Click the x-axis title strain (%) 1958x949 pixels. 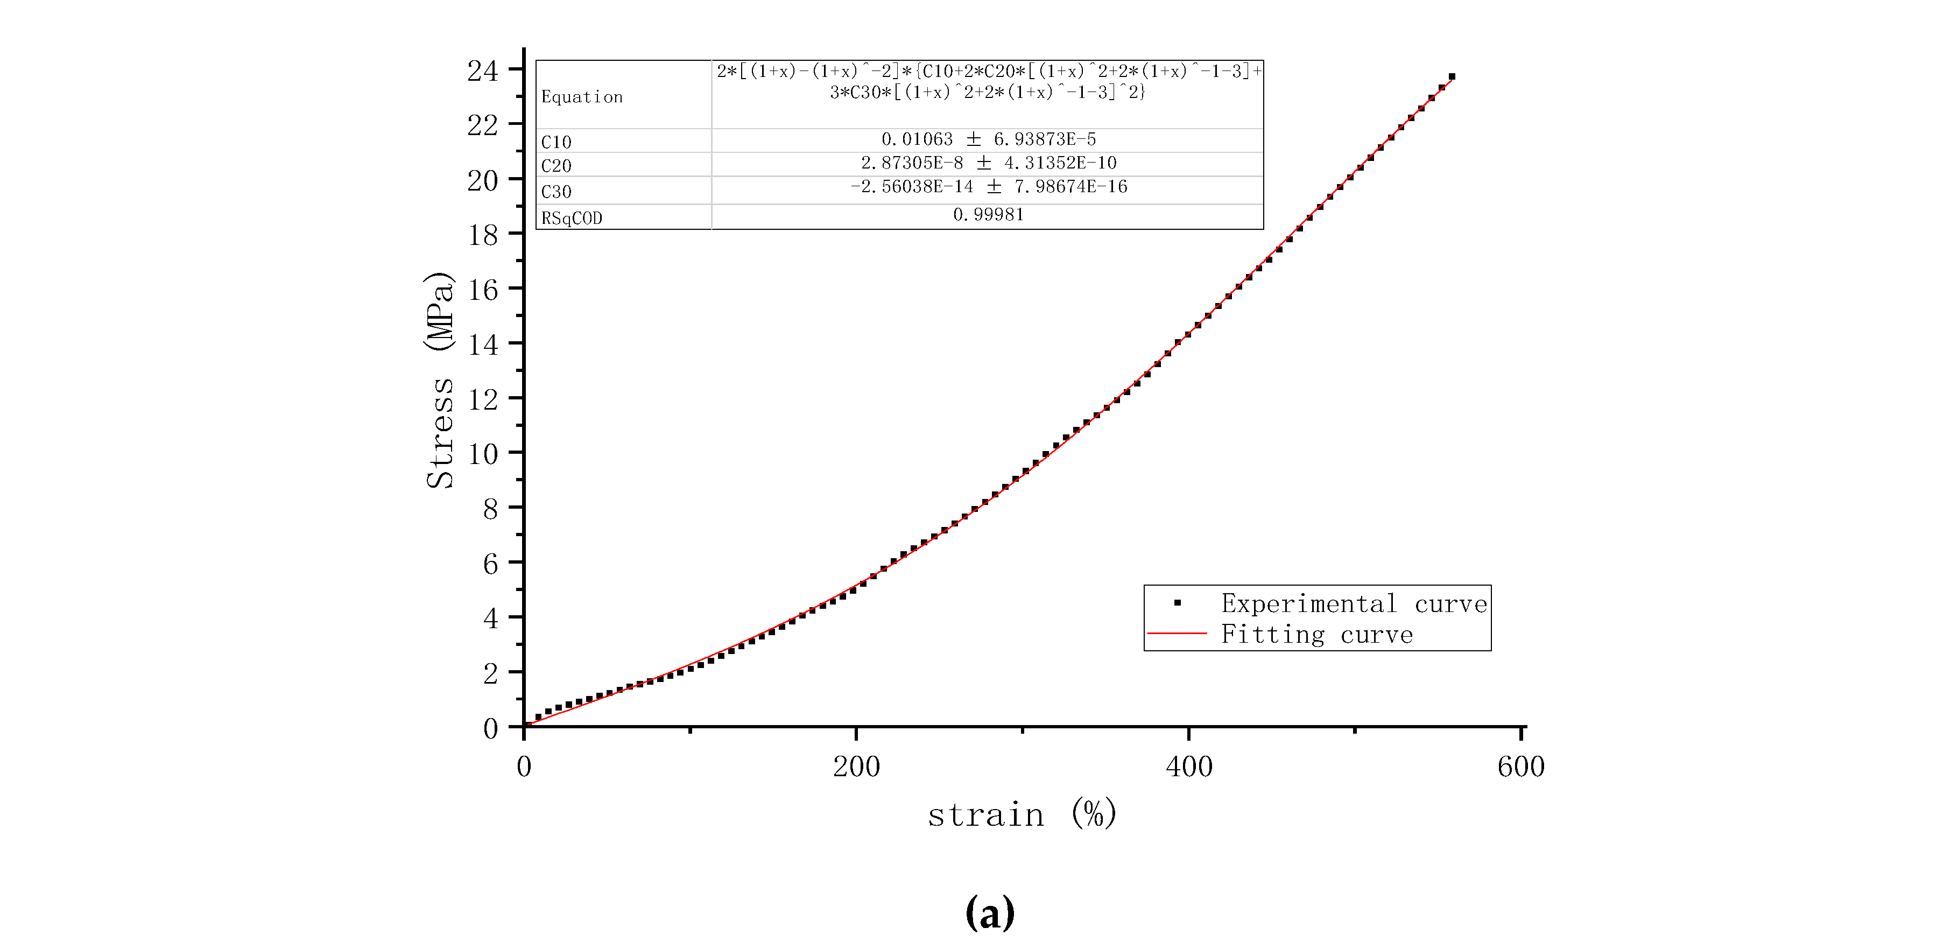1022,814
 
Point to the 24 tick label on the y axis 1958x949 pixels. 483,71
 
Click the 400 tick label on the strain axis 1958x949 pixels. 1189,766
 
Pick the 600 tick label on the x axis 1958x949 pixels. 1521,766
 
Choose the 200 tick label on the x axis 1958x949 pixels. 857,766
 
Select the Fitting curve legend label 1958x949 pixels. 1316,634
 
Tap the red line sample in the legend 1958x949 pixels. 1177,632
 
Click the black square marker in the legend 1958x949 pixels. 1178,603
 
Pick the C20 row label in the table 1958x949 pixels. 557,166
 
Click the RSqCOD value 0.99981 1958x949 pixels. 988,214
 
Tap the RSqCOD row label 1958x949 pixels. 572,218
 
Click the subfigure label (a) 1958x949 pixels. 990,912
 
